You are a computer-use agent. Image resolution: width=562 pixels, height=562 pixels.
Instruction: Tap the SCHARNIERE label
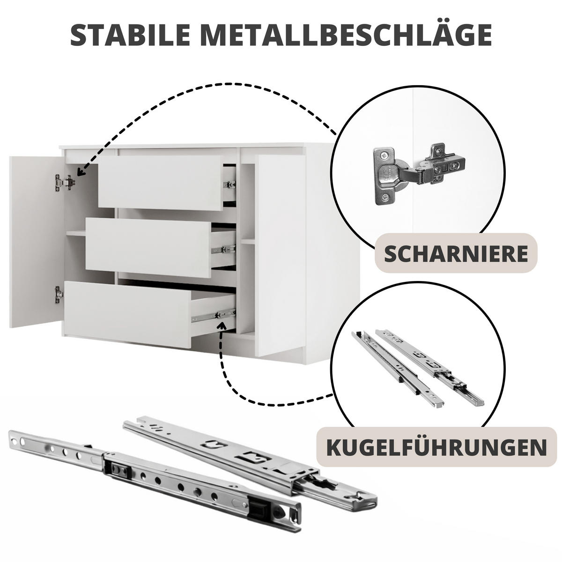pyautogui.click(x=456, y=254)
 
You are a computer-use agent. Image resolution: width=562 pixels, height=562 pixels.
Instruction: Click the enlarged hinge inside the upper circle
pyautogui.click(x=419, y=174)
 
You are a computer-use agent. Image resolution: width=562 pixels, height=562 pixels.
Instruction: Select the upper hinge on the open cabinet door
pyautogui.click(x=65, y=182)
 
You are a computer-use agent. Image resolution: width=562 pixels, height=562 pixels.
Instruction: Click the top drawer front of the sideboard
pyautogui.click(x=161, y=183)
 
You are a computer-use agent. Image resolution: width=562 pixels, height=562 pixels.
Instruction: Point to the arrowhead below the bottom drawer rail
pyautogui.click(x=222, y=326)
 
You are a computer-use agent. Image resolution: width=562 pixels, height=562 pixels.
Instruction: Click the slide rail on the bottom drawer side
pyautogui.click(x=214, y=315)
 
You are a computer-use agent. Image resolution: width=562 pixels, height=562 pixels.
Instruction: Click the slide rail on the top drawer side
pyautogui.click(x=229, y=185)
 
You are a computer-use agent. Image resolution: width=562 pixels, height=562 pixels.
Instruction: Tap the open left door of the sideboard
pyautogui.click(x=37, y=242)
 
